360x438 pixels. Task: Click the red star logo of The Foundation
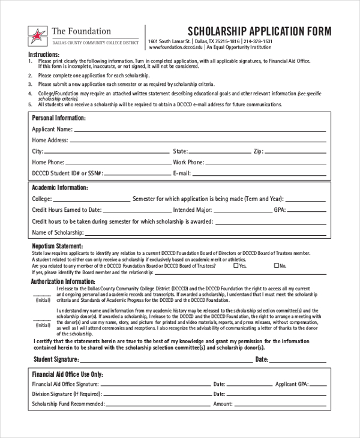(x=38, y=35)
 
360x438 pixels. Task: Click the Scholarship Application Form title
(x=260, y=32)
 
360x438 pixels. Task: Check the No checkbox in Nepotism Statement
(x=277, y=265)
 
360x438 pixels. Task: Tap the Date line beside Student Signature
(x=298, y=361)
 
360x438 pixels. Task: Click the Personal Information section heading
(x=58, y=118)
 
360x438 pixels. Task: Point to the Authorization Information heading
(x=63, y=281)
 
